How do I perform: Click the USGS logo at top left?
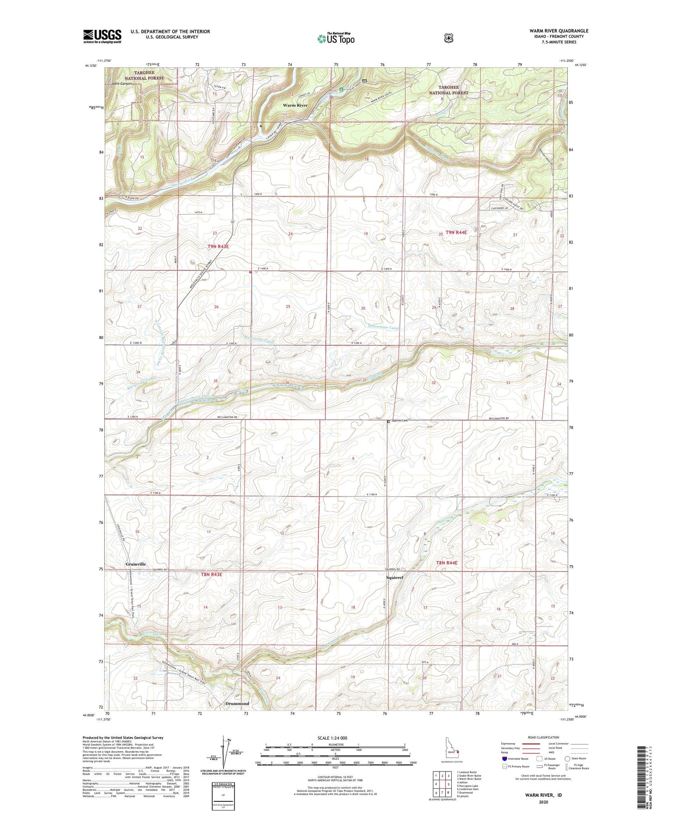tap(102, 36)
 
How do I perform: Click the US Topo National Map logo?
tap(336, 38)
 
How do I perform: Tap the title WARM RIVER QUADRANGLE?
tap(559, 31)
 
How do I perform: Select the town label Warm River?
tap(295, 105)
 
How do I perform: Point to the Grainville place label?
tap(135, 564)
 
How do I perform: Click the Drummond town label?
tap(237, 704)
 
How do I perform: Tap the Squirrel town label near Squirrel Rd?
tap(394, 577)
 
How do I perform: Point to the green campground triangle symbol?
tap(341, 89)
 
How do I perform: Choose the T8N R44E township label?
tap(447, 563)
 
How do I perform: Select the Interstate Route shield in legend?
tap(504, 758)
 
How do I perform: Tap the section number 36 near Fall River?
tap(287, 383)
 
